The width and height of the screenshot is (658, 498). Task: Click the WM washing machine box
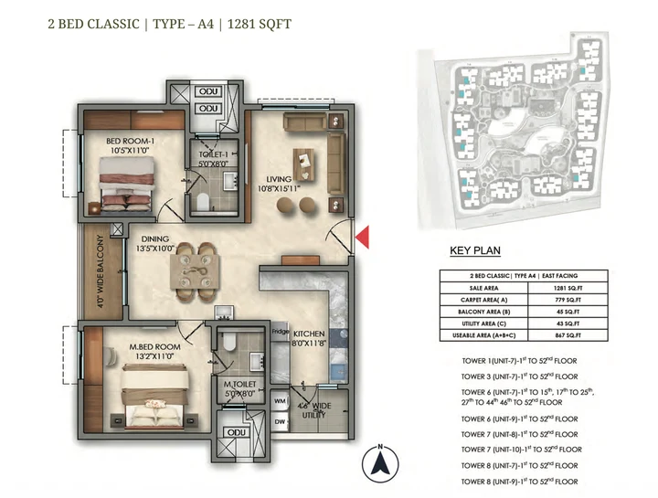279,401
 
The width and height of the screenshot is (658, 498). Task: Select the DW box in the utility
279,421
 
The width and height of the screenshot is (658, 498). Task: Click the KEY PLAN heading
474,251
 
